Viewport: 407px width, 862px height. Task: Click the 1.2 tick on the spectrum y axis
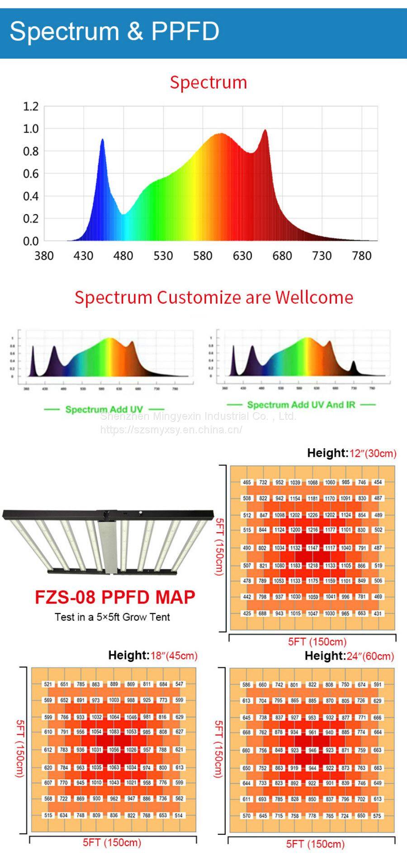pyautogui.click(x=31, y=107)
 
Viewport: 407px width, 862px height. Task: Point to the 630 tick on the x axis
pyautogui.click(x=242, y=256)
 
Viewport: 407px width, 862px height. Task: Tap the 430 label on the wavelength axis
pyautogui.click(x=83, y=256)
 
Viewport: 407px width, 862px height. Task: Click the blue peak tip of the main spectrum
pyautogui.click(x=102, y=140)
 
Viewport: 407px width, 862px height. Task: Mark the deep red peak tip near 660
pyautogui.click(x=265, y=131)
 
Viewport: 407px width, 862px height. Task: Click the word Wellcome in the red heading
pyautogui.click(x=314, y=297)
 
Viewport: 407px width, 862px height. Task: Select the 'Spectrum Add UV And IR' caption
pyautogui.click(x=301, y=405)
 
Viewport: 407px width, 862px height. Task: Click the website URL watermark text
pyautogui.click(x=171, y=430)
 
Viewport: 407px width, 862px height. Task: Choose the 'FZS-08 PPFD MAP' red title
pyautogui.click(x=115, y=597)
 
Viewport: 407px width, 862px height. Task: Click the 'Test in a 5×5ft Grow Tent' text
pyautogui.click(x=112, y=617)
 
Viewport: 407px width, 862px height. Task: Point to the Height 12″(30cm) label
pyautogui.click(x=351, y=453)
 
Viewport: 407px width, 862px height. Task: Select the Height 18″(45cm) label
pyautogui.click(x=152, y=655)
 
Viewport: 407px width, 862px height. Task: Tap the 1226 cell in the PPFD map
pyautogui.click(x=313, y=515)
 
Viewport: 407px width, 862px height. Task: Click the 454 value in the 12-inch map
pyautogui.click(x=378, y=482)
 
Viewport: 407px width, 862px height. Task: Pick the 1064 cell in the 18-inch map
pyautogui.click(x=114, y=717)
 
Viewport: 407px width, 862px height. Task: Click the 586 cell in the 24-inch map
pyautogui.click(x=246, y=684)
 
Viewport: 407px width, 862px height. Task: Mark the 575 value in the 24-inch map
pyautogui.click(x=378, y=816)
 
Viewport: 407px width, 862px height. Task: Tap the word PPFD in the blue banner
pyautogui.click(x=185, y=32)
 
